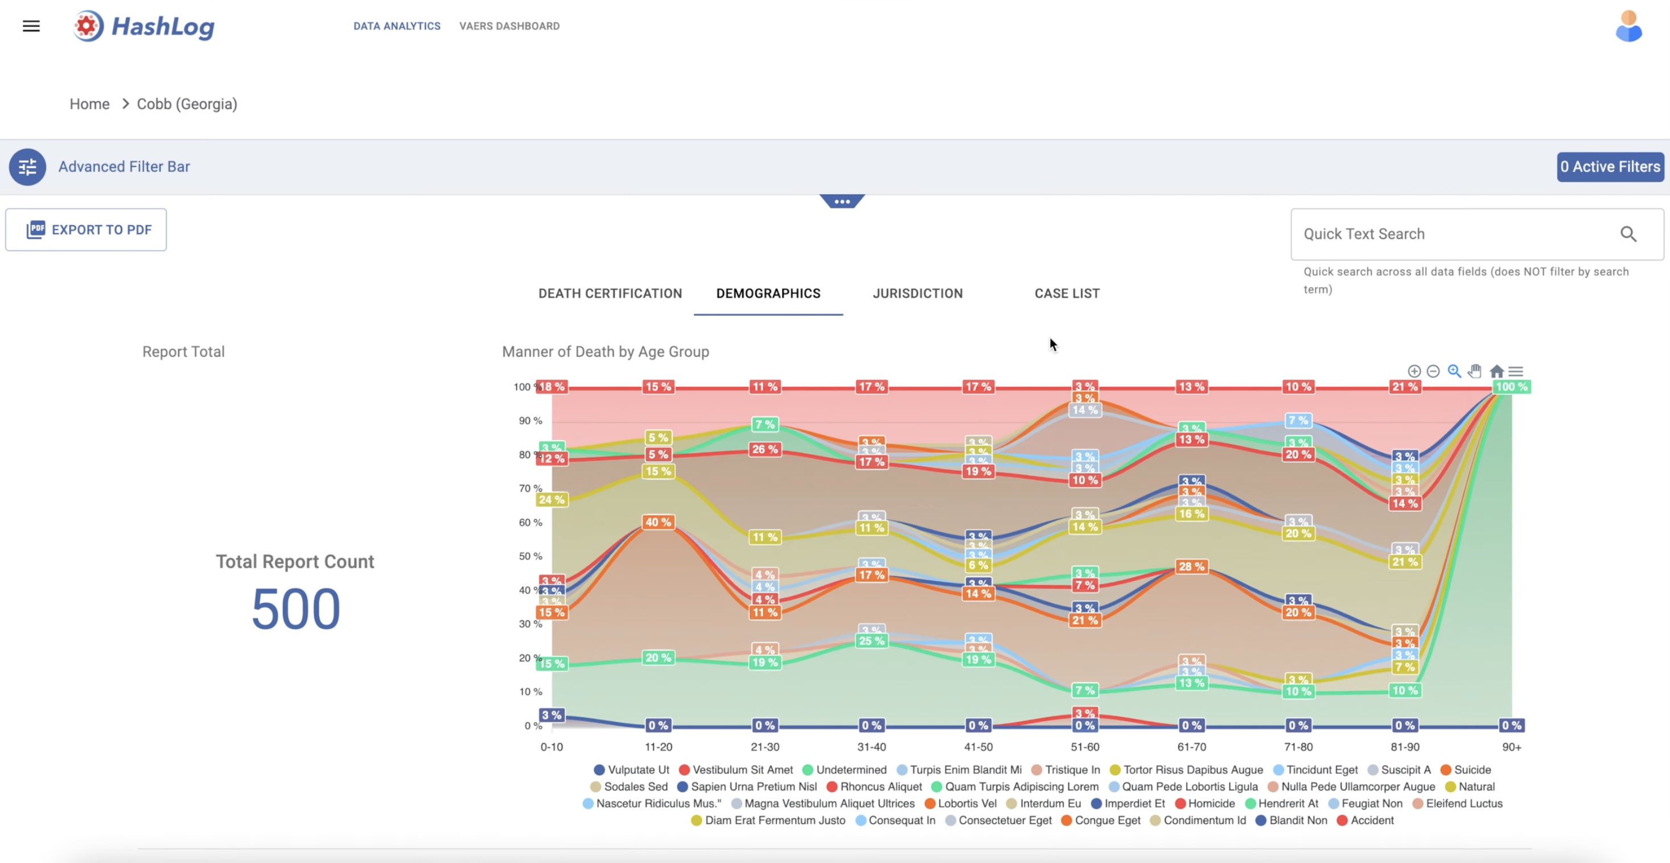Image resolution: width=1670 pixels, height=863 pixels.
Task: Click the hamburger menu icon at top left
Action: (x=31, y=26)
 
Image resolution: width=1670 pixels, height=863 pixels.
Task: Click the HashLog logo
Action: (x=144, y=26)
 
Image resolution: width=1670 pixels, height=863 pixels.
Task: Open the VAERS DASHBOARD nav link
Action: (x=509, y=26)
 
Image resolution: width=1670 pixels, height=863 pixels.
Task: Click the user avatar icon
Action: (x=1628, y=26)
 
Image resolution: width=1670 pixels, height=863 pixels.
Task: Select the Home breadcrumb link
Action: (x=89, y=104)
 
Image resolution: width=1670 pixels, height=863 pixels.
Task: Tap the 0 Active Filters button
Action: (x=1610, y=167)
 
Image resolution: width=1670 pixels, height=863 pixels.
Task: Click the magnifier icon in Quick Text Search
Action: (x=1628, y=234)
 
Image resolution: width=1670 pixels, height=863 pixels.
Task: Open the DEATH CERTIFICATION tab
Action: (x=610, y=293)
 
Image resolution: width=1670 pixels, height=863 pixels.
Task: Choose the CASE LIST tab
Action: (x=1067, y=293)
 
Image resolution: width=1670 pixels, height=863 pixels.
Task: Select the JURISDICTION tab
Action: (x=918, y=293)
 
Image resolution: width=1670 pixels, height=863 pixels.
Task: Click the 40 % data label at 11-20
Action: (x=658, y=522)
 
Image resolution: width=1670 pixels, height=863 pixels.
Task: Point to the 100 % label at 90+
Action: (x=1511, y=387)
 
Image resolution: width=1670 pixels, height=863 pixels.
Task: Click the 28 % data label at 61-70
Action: (x=1191, y=566)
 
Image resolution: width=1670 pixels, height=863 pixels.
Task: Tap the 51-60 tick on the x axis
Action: (x=1085, y=747)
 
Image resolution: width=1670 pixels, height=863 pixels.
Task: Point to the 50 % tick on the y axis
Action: (x=530, y=556)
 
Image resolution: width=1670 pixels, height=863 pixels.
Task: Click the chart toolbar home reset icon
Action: (x=1496, y=372)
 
